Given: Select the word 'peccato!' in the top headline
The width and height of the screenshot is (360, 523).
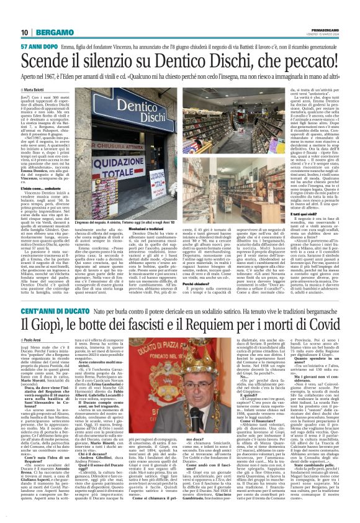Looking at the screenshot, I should pos(309,61).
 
